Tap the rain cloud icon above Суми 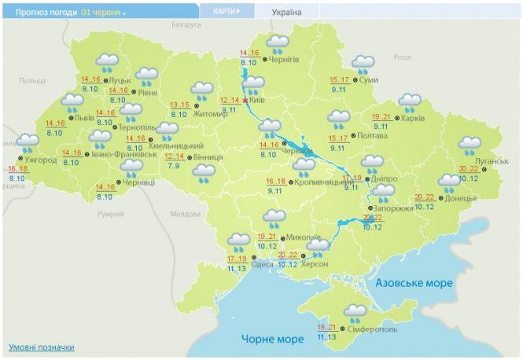[363, 63]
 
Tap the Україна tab [285, 12]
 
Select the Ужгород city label [39, 160]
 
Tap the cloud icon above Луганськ [470, 145]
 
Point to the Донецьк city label [460, 198]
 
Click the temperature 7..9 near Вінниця [172, 166]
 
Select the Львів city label [84, 119]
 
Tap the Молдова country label [186, 214]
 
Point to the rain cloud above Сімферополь [355, 312]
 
